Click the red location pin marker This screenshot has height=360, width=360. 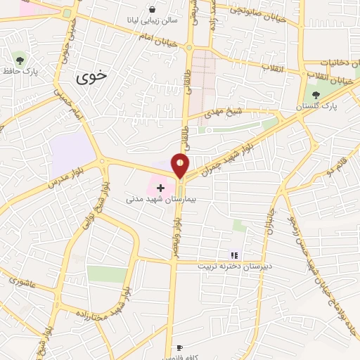[x=181, y=165]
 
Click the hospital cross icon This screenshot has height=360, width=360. [x=161, y=188]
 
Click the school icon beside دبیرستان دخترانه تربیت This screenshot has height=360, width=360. [x=235, y=256]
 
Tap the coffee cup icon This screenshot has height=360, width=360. [x=179, y=348]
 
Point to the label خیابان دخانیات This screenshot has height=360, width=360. [x=331, y=62]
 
